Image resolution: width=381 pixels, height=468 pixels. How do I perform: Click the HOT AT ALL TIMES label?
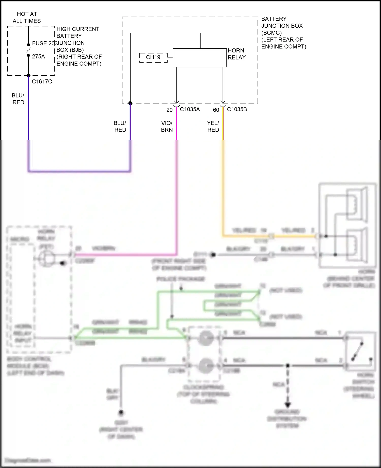tap(27, 17)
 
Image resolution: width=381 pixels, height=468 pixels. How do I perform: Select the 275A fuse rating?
tap(38, 57)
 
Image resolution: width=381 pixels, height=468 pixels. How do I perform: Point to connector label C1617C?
tap(42, 82)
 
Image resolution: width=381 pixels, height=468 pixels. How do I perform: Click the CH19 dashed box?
tap(153, 58)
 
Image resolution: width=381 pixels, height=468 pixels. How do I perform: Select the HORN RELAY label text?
tap(236, 54)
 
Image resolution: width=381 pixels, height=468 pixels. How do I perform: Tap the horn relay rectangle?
tap(199, 58)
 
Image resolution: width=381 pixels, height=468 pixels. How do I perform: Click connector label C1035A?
tap(190, 110)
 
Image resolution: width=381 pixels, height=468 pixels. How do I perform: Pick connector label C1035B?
tap(237, 110)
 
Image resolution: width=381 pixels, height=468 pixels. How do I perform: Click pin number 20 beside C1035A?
tap(169, 110)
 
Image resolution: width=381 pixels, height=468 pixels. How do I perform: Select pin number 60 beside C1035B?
tap(216, 110)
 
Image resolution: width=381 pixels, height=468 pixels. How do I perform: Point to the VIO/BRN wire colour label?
tap(167, 127)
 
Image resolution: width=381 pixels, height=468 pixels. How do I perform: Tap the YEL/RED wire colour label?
tap(213, 127)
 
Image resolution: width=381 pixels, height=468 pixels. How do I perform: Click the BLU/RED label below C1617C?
tap(18, 99)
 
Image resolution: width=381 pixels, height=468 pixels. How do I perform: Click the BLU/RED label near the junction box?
tap(120, 127)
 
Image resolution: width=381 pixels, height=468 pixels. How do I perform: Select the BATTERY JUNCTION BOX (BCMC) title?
tap(283, 32)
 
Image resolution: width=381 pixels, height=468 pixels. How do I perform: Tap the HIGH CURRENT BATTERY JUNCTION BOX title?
tap(79, 46)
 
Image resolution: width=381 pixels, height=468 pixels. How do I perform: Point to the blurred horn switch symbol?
tap(360, 351)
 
